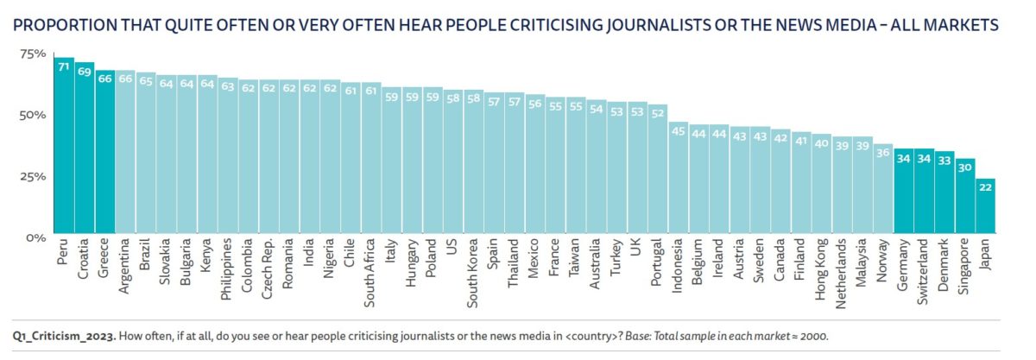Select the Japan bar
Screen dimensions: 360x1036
click(985, 207)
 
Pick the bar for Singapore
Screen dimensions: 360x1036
click(965, 198)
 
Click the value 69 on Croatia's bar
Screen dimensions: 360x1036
click(85, 71)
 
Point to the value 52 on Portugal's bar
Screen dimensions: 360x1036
click(658, 111)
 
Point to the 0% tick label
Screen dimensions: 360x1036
click(35, 237)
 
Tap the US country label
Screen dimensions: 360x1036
click(451, 251)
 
